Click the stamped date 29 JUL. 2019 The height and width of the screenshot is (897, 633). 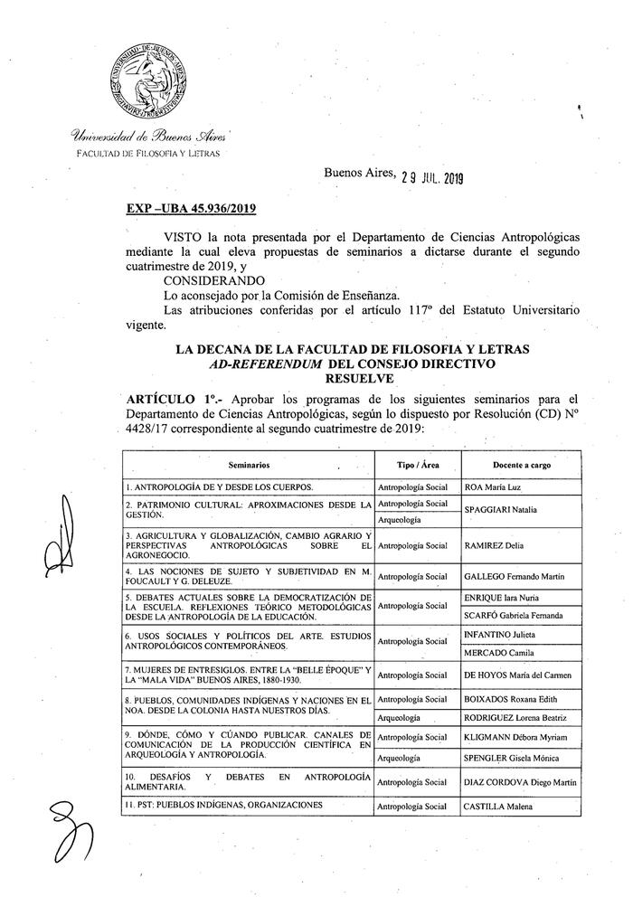(431, 178)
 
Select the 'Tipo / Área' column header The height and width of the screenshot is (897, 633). (415, 464)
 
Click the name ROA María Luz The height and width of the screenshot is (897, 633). (496, 486)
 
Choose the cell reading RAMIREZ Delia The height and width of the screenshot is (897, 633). (496, 546)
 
